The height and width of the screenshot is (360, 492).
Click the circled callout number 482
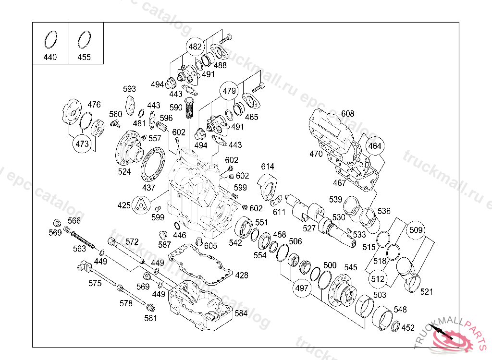pos(195,47)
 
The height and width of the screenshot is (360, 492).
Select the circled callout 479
pos(229,91)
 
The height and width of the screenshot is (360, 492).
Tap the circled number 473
pos(82,144)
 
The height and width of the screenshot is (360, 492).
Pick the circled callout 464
pos(375,146)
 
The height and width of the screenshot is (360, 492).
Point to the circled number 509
pos(416,230)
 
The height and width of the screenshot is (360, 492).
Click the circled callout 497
pos(302,288)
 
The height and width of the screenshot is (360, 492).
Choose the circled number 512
pos(378,279)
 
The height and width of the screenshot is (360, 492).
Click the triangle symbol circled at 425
pos(141,205)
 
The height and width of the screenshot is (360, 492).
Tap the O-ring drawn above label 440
pos(50,40)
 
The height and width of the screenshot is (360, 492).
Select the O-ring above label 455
pos(84,40)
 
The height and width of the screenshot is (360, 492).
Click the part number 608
pos(347,113)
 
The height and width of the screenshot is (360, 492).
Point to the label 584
pos(241,313)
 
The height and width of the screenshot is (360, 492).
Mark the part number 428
pos(241,275)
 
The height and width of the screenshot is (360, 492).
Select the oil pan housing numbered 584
pos(200,305)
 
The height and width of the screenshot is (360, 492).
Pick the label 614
pos(267,166)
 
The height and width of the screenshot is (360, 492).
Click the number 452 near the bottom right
pos(408,328)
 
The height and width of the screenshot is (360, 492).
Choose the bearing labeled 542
pos(244,227)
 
